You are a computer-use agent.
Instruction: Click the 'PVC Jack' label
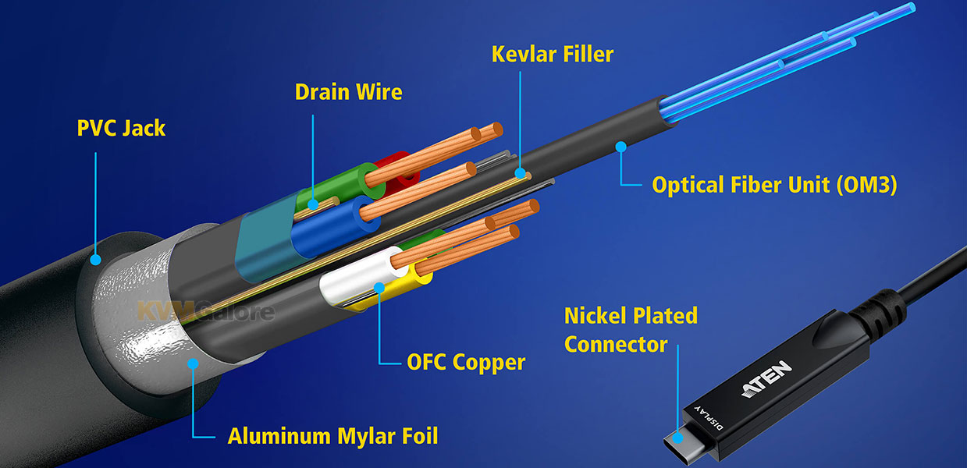[x=121, y=128]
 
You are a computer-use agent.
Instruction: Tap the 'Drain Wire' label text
[x=348, y=92]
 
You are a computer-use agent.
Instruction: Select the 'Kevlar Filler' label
[x=553, y=54]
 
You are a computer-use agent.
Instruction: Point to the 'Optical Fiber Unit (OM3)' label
[x=774, y=186]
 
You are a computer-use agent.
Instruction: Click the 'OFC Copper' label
[x=466, y=363]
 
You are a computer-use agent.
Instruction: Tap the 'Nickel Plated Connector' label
[x=631, y=330]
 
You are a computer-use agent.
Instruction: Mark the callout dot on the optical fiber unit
[x=621, y=145]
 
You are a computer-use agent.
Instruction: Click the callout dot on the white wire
[x=380, y=287]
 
